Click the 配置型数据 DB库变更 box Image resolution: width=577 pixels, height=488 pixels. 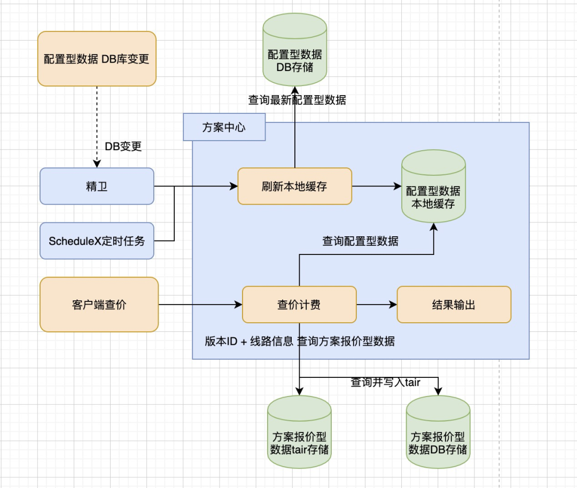[x=97, y=58]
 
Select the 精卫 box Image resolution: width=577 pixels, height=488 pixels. [x=97, y=186]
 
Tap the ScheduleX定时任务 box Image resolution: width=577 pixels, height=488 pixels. [x=97, y=241]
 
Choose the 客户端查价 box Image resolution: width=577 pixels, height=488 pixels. [x=99, y=305]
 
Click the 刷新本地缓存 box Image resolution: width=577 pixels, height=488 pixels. [x=294, y=186]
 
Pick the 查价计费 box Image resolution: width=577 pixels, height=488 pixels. [x=299, y=305]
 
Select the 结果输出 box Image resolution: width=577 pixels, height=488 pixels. [x=454, y=305]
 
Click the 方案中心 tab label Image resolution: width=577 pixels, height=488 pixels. [x=224, y=128]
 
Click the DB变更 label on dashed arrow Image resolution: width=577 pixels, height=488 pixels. [x=123, y=146]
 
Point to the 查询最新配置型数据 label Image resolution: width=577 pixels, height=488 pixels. [x=297, y=100]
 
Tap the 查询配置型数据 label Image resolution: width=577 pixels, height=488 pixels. [x=360, y=241]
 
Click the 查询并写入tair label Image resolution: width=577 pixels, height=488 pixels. [x=385, y=382]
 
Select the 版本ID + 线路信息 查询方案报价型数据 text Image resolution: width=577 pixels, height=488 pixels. [x=300, y=341]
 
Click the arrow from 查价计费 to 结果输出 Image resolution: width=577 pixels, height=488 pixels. [x=377, y=305]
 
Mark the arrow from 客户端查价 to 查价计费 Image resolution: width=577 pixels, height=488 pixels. [x=200, y=305]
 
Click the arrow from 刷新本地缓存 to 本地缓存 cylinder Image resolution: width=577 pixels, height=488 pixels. [x=377, y=187]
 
